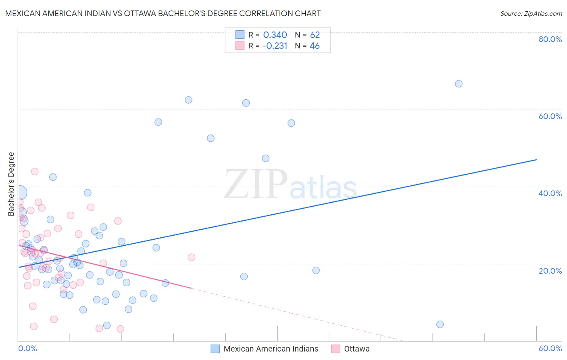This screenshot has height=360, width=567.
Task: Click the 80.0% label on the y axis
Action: point(550,39)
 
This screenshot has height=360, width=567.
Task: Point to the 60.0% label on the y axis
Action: point(550,116)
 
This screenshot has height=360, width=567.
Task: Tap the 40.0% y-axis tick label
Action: point(550,193)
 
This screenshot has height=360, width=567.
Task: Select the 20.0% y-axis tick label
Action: point(550,270)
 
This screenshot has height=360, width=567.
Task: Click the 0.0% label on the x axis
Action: point(27,348)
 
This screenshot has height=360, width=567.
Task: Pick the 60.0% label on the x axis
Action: point(550,348)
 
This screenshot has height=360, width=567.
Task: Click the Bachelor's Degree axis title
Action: point(11,184)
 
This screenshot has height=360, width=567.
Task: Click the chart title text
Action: point(163,13)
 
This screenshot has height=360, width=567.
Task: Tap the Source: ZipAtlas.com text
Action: point(531,14)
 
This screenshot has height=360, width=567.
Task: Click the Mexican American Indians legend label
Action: point(271,349)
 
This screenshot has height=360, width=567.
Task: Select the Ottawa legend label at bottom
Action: point(356,349)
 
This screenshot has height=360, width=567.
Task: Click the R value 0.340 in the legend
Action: point(275,35)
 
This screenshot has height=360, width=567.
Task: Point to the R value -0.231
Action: point(275,46)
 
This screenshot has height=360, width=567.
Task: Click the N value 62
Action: point(315,35)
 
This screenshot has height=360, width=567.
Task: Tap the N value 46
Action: point(315,46)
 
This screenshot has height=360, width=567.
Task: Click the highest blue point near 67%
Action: point(459,84)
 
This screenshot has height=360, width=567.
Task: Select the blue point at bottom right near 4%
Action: point(440,324)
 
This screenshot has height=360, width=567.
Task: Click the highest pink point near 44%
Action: point(35,172)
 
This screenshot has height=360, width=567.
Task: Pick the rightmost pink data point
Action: point(192,257)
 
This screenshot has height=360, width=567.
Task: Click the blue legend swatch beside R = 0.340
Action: point(240,35)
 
